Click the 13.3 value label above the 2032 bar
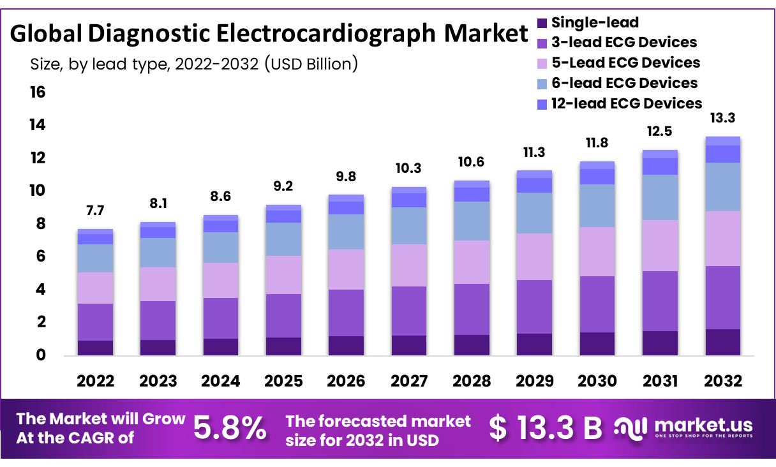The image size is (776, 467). (722, 118)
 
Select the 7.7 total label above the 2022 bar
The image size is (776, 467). (95, 211)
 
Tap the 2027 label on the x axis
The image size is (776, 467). (409, 381)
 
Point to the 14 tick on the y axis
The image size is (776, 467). (38, 124)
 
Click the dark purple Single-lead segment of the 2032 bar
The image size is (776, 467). (722, 342)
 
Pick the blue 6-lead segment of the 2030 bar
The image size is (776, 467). (597, 206)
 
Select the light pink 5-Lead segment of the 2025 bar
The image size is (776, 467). (283, 275)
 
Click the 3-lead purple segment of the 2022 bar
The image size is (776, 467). (95, 322)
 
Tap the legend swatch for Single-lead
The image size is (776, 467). (542, 23)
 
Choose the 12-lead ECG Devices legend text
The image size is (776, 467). (627, 103)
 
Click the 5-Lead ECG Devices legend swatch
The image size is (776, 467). (542, 64)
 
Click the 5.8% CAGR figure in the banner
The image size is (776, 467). (230, 428)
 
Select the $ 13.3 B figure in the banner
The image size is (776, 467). (546, 428)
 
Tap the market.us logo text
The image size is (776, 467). (704, 425)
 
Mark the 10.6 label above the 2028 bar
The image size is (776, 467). (471, 162)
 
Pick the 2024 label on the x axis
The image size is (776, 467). (221, 381)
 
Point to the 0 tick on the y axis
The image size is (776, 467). (41, 355)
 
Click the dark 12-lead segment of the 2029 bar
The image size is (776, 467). (534, 186)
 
